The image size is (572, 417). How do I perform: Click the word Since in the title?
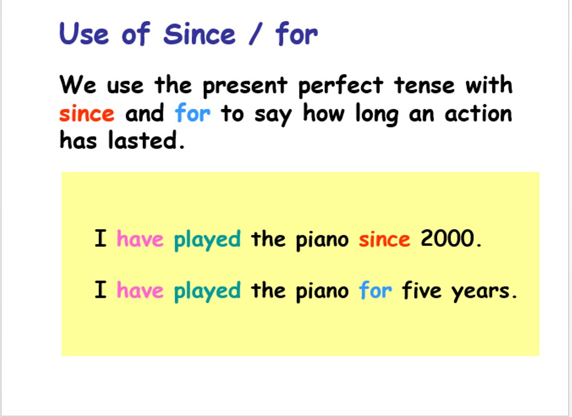click(199, 35)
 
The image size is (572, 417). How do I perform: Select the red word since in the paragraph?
click(87, 114)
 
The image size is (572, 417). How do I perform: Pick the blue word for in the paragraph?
click(193, 114)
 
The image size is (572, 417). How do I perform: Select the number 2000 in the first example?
click(447, 239)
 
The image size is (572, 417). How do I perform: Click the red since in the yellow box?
click(384, 239)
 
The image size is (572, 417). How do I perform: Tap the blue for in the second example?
click(375, 291)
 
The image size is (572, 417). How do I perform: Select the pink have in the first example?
click(140, 239)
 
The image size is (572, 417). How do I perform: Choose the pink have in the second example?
click(140, 291)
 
